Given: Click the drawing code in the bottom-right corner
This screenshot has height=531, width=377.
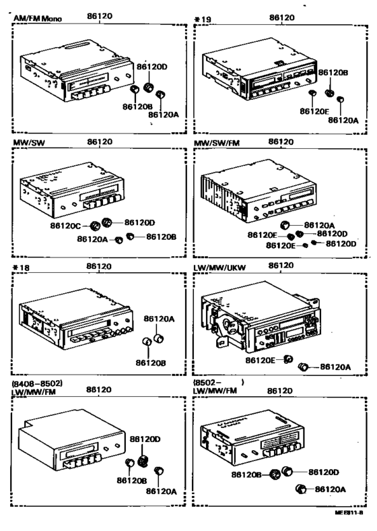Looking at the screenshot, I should [348, 513].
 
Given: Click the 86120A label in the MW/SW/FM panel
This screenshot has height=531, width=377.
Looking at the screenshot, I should [319, 225].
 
